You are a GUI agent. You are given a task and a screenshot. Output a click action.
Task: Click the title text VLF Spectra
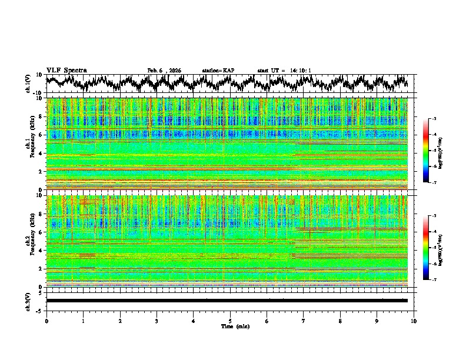pyautogui.click(x=66, y=70)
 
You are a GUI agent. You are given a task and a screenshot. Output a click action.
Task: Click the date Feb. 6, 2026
pyautogui.click(x=164, y=71)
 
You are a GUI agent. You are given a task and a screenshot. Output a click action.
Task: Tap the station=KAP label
pyautogui.click(x=218, y=71)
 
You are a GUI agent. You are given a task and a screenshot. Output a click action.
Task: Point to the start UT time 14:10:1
pyautogui.click(x=299, y=71)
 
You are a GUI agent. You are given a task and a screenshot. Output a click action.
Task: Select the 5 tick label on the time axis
pyautogui.click(x=230, y=321)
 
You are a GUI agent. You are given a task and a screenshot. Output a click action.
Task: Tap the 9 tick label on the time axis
pyautogui.click(x=377, y=321)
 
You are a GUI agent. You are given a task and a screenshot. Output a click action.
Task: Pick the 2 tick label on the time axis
pyautogui.click(x=120, y=321)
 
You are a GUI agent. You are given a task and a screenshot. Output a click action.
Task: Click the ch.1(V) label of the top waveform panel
pyautogui.click(x=28, y=84)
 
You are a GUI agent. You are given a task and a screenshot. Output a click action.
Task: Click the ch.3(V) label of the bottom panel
pyautogui.click(x=28, y=301)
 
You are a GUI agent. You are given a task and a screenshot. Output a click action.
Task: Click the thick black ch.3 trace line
pyautogui.click(x=227, y=301)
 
